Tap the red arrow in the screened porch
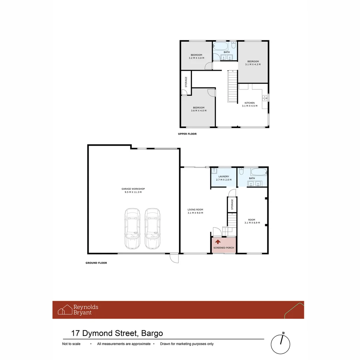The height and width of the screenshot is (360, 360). click(218, 242)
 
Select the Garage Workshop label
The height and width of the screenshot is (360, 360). click(133, 189)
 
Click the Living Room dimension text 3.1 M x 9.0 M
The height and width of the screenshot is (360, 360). click(195, 213)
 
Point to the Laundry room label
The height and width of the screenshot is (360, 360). click(224, 177)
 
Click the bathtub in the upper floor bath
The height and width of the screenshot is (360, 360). click(221, 46)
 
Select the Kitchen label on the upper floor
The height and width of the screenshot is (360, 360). click(250, 103)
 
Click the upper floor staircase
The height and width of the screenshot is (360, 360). click(232, 87)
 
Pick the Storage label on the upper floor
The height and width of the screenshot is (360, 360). click(186, 82)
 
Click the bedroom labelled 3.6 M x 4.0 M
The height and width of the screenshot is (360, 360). click(198, 109)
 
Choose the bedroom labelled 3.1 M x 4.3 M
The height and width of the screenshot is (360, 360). click(253, 63)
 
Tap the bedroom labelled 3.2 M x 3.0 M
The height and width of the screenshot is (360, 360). click(196, 56)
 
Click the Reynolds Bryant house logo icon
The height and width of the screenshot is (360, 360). click(65, 310)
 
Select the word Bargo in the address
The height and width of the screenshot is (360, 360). click(152, 333)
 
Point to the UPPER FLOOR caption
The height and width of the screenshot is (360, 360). click(187, 134)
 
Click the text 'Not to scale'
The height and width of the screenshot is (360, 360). click(71, 344)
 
